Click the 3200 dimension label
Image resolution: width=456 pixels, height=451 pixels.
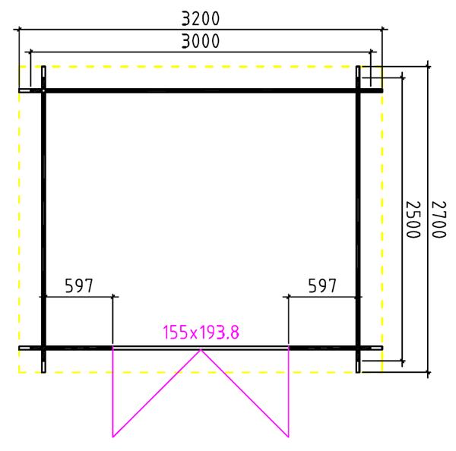(201, 18)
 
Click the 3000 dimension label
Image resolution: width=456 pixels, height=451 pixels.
(201, 41)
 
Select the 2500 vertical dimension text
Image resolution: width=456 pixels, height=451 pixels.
(413, 219)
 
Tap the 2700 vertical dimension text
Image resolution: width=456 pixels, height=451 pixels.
(439, 219)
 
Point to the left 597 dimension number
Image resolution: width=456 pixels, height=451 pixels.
(79, 285)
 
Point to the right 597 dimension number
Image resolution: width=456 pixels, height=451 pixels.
(322, 285)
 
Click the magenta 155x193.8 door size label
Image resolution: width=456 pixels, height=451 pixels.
(201, 332)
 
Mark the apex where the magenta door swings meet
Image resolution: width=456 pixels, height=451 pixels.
(201, 350)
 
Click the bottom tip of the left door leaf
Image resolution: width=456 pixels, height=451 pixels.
(112, 437)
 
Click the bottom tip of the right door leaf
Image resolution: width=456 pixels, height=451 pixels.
(289, 437)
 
